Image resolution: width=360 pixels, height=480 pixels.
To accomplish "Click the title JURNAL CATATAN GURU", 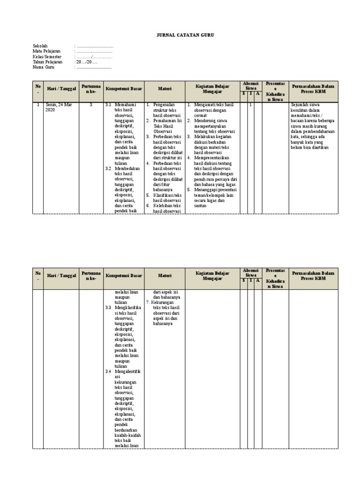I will pyautogui.click(x=180, y=35).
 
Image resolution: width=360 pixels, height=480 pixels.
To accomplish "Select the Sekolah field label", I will pyautogui.click(x=40, y=46).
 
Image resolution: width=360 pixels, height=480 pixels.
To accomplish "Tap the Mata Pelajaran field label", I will pyautogui.click(x=46, y=51).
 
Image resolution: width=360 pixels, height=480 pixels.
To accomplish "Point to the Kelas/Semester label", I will pyautogui.click(x=47, y=57).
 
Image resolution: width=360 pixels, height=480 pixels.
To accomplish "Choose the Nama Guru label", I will pyautogui.click(x=44, y=67).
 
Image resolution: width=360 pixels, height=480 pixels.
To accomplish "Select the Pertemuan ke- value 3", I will pyautogui.click(x=91, y=105).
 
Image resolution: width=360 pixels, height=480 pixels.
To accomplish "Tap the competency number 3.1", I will pyautogui.click(x=108, y=105).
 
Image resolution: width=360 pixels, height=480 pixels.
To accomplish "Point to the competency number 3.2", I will pyautogui.click(x=108, y=168).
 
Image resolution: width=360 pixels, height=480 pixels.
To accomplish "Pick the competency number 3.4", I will pyautogui.click(x=108, y=372).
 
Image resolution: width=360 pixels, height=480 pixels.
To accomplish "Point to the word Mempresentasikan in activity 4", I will pyautogui.click(x=212, y=157).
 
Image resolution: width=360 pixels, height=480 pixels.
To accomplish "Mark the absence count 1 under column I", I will pyautogui.click(x=251, y=105).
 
